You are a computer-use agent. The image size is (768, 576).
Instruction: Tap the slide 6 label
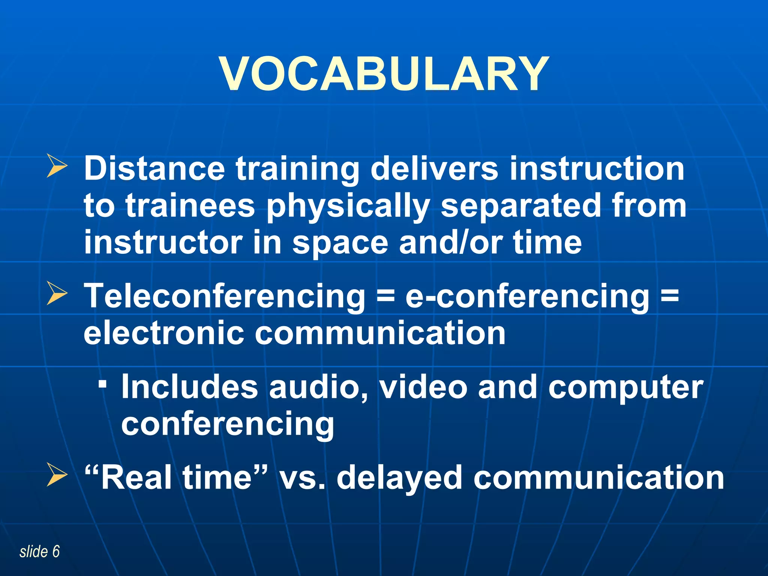39,552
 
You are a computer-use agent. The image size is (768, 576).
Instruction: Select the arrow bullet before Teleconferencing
57,294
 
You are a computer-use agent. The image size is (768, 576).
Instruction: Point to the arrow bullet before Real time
57,475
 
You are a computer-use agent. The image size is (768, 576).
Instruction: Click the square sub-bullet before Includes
102,384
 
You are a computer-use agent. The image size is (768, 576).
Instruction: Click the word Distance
154,168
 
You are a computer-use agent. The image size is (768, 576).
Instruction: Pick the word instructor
163,242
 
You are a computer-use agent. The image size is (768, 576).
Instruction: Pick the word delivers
434,168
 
